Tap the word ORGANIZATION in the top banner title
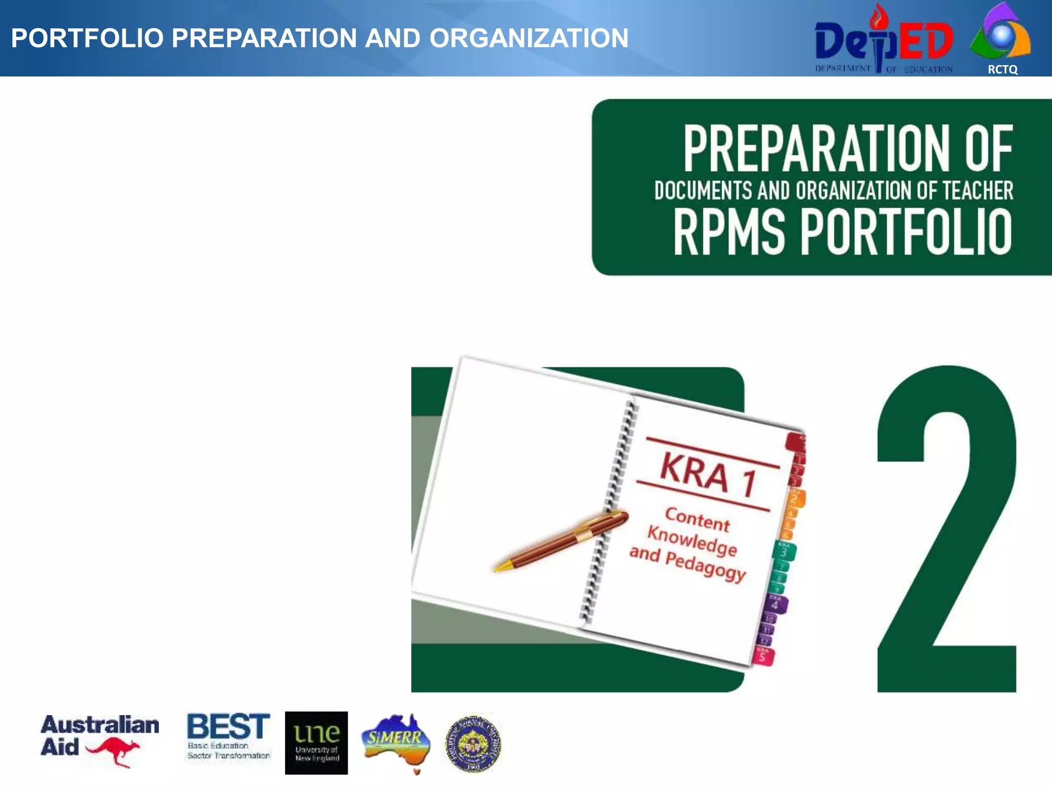coord(529,38)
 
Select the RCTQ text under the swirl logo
coord(1002,70)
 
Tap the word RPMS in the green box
coord(729,232)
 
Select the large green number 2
coord(946,529)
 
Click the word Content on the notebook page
coord(697,519)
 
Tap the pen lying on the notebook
coord(565,539)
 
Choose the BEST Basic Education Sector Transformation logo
coord(228,736)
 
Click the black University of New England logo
coord(316,743)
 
